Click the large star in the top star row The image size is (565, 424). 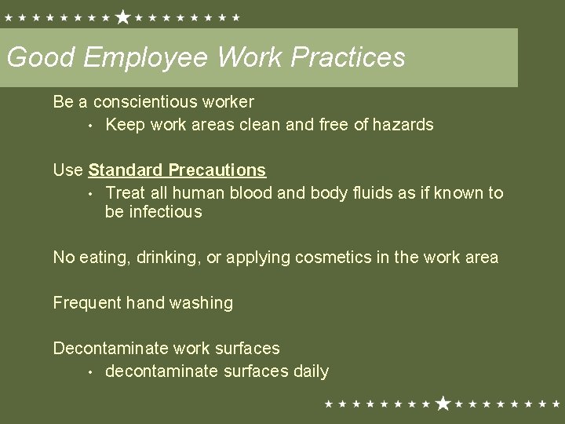123,16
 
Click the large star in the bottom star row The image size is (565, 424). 443,404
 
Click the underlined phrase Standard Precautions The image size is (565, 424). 177,170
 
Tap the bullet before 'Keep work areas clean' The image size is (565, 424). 91,126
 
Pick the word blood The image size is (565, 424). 247,192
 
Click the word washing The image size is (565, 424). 204,303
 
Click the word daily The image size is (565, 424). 309,371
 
